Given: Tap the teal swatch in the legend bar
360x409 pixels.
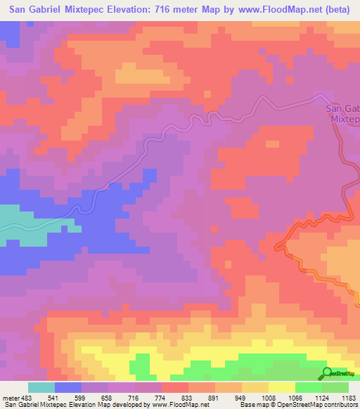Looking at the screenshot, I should click(41, 388).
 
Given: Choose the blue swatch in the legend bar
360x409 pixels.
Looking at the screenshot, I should click(68, 388).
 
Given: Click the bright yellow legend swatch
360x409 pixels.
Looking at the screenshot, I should click(282, 388).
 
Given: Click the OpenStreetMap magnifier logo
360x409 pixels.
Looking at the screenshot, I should click(328, 373).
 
